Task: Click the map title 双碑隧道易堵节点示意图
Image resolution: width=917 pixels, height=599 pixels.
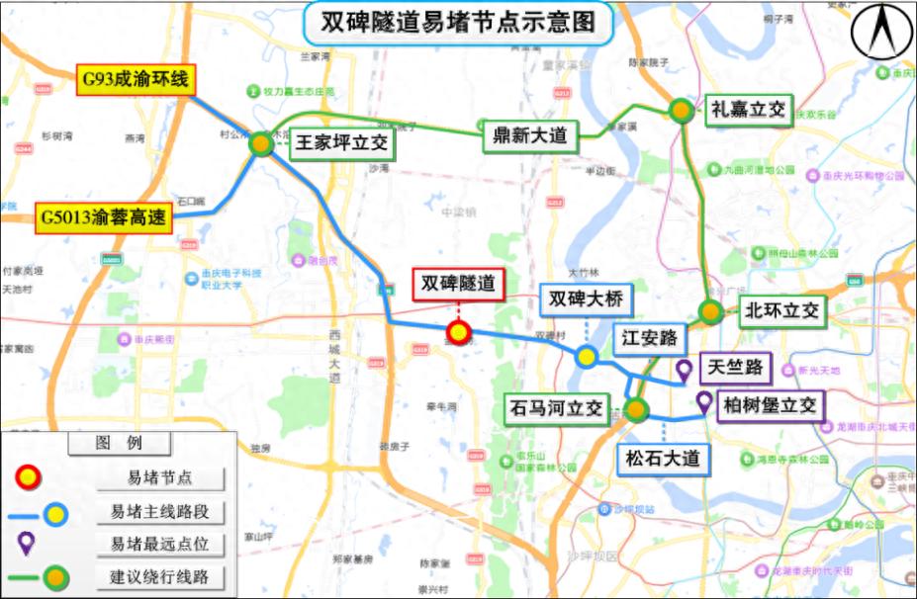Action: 459,22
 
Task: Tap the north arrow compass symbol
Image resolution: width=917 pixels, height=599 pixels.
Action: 881,34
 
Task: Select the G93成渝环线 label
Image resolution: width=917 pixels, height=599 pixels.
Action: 135,78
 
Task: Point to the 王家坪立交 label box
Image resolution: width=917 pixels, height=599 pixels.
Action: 342,143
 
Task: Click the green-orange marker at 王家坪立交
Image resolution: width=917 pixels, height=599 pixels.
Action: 260,144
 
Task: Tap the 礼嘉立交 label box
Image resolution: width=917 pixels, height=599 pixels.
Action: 748,110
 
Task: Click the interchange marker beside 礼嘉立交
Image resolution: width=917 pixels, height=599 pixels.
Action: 681,111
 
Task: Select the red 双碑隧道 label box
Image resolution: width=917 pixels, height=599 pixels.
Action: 458,283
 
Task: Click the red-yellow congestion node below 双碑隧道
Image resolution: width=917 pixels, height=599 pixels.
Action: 458,332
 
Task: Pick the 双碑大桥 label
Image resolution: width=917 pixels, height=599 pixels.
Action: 587,299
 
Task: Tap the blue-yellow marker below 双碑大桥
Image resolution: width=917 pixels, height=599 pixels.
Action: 586,357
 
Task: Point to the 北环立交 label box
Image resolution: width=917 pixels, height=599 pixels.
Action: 781,310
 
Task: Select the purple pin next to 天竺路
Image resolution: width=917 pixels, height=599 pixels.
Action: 683,371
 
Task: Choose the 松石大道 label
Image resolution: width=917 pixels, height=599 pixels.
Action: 663,459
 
